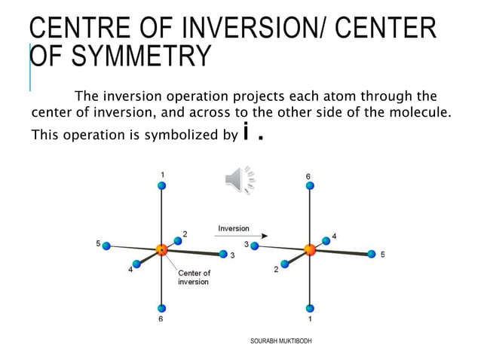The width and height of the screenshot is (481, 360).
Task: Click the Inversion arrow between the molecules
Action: click(241, 236)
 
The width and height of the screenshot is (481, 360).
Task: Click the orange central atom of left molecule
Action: click(161, 249)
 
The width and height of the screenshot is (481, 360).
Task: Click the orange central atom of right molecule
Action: click(309, 249)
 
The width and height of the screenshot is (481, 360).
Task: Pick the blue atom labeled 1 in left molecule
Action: click(161, 185)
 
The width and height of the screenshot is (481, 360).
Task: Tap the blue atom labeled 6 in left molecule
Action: click(161, 308)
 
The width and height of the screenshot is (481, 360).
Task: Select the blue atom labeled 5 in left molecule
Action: click(106, 246)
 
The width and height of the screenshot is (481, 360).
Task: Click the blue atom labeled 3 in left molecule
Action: click(223, 255)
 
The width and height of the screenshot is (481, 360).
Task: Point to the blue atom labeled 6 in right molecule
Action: click(309, 185)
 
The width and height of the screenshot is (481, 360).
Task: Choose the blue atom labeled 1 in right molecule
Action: click(309, 308)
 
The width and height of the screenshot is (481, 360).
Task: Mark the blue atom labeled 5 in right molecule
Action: click(372, 255)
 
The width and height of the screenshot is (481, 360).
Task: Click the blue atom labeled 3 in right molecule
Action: click(255, 246)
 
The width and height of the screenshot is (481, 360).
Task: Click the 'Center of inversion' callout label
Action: click(194, 277)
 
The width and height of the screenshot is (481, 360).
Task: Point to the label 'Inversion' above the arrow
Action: click(234, 228)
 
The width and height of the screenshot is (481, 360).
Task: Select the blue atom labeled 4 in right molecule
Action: click(326, 241)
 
